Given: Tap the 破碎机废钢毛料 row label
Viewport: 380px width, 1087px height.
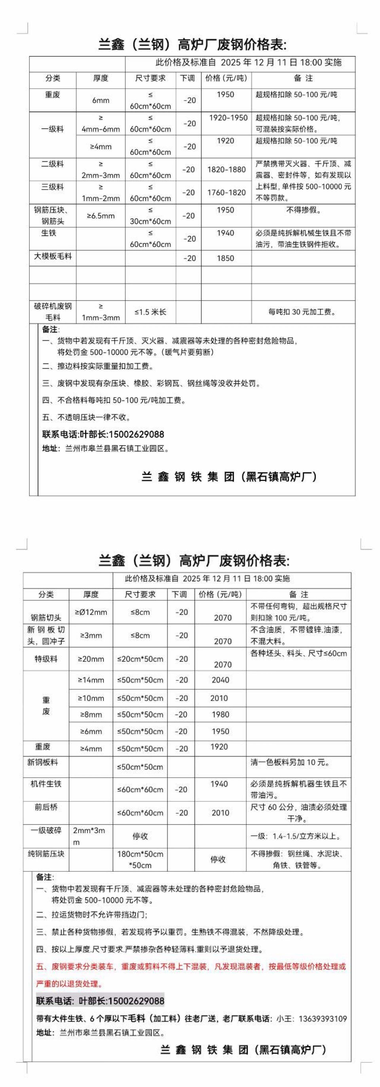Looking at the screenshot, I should pyautogui.click(x=53, y=312).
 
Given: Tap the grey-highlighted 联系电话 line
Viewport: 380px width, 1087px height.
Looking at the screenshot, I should pyautogui.click(x=100, y=1001).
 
